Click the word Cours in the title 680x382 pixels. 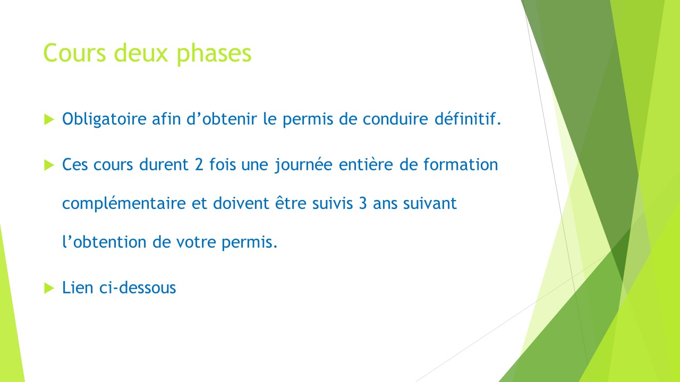[x=75, y=53]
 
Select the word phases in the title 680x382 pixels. [x=214, y=55]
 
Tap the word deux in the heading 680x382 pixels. [x=141, y=53]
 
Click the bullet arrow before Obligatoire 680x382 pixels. [x=49, y=119]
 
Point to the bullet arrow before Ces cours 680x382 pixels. [x=49, y=166]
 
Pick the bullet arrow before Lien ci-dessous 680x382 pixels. [x=49, y=288]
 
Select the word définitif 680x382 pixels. [x=467, y=118]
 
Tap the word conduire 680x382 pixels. [x=395, y=118]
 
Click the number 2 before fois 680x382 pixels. [x=199, y=164]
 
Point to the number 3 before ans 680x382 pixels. [x=363, y=203]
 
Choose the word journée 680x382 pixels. [x=303, y=165]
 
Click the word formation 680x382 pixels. [x=461, y=164]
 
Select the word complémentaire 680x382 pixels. [x=124, y=204]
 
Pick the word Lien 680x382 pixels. [x=78, y=288]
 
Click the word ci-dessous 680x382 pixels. [x=138, y=288]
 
